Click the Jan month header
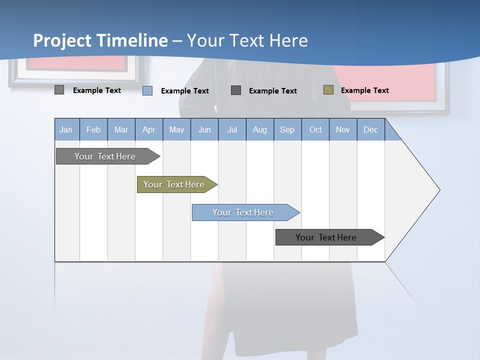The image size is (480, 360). coord(66,130)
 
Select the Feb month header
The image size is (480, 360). coord(93,130)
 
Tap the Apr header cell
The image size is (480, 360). coord(148,130)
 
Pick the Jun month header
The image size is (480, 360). coord(204,130)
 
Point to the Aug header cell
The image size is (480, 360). coord(259,130)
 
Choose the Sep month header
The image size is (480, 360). coord(287,130)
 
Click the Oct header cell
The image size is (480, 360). coord(315,130)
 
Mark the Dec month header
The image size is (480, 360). coord(370,130)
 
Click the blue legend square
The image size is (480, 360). coord(147,90)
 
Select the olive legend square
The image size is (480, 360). coord(328,90)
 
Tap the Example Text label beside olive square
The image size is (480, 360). coord(364,90)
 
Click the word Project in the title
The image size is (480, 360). coord(62,40)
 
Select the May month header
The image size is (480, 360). coord(176,130)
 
